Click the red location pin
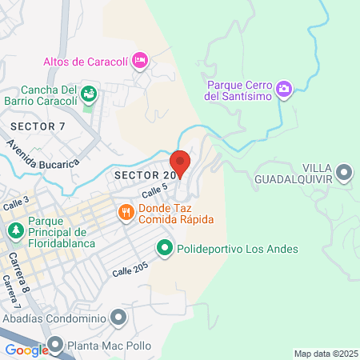point(180,162)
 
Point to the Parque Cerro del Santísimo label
point(240,90)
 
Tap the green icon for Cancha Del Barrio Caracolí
point(90,96)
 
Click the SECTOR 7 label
point(38,126)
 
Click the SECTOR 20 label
point(144,175)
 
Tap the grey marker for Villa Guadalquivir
point(345,172)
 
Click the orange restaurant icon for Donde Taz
point(126,212)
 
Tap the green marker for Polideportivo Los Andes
point(164,249)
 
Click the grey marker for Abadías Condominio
point(119,318)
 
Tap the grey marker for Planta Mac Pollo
point(55,346)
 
